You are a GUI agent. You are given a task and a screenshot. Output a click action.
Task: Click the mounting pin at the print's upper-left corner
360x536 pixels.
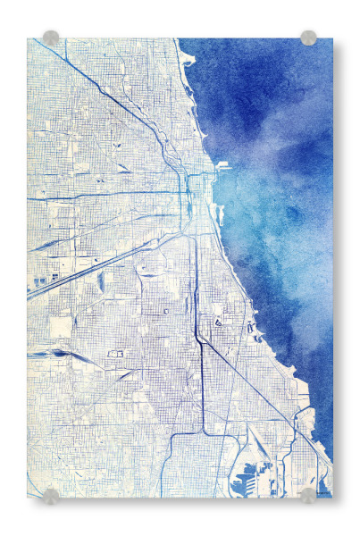pyautogui.click(x=51, y=38)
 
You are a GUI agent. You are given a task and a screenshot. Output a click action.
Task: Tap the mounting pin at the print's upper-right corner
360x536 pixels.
pyautogui.click(x=308, y=38)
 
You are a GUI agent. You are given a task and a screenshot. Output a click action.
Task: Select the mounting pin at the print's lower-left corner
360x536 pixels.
pyautogui.click(x=51, y=495)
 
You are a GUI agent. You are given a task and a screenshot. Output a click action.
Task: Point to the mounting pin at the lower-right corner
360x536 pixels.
pyautogui.click(x=308, y=495)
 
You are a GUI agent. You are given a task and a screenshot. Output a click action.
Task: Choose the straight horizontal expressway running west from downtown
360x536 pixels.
pyautogui.click(x=107, y=197)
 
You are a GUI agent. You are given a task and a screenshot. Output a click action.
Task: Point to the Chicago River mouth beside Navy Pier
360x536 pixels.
pyautogui.click(x=212, y=173)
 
